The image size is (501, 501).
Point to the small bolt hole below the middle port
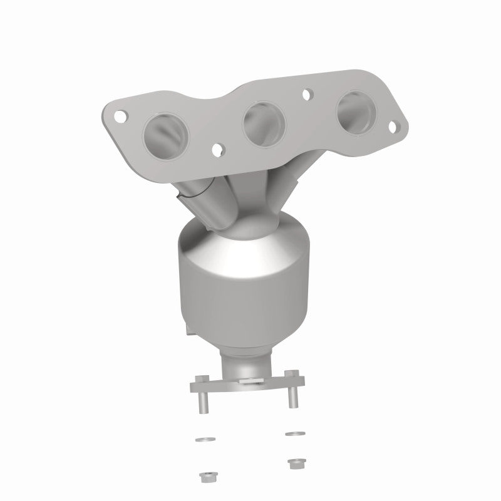click(x=219, y=150)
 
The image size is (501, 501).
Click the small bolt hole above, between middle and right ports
click(x=307, y=95)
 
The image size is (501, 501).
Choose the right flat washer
click(x=292, y=433)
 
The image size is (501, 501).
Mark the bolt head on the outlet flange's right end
click(x=289, y=376)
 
